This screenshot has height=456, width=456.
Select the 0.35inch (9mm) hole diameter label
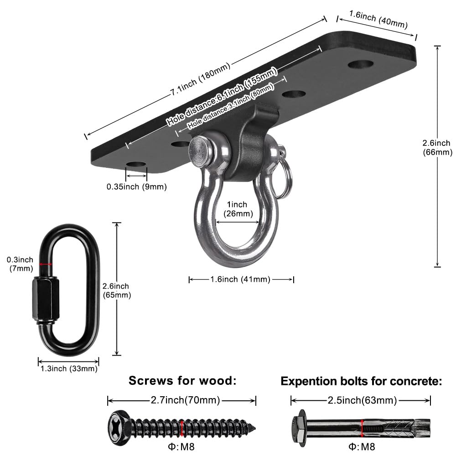[x=137, y=187]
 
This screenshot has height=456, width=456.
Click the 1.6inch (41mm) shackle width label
[x=241, y=279]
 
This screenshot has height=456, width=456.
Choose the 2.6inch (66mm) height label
[x=438, y=148]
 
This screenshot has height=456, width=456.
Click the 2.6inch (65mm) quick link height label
[x=116, y=290]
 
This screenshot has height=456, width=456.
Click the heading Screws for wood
[x=182, y=381]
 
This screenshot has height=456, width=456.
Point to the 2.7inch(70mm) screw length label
[x=182, y=400]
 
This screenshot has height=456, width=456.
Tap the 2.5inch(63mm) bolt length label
[x=361, y=400]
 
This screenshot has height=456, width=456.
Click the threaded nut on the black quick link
[x=44, y=301]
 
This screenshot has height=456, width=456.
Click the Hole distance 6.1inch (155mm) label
[x=222, y=97]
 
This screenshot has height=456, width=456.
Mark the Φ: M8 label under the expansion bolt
[x=361, y=446]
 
